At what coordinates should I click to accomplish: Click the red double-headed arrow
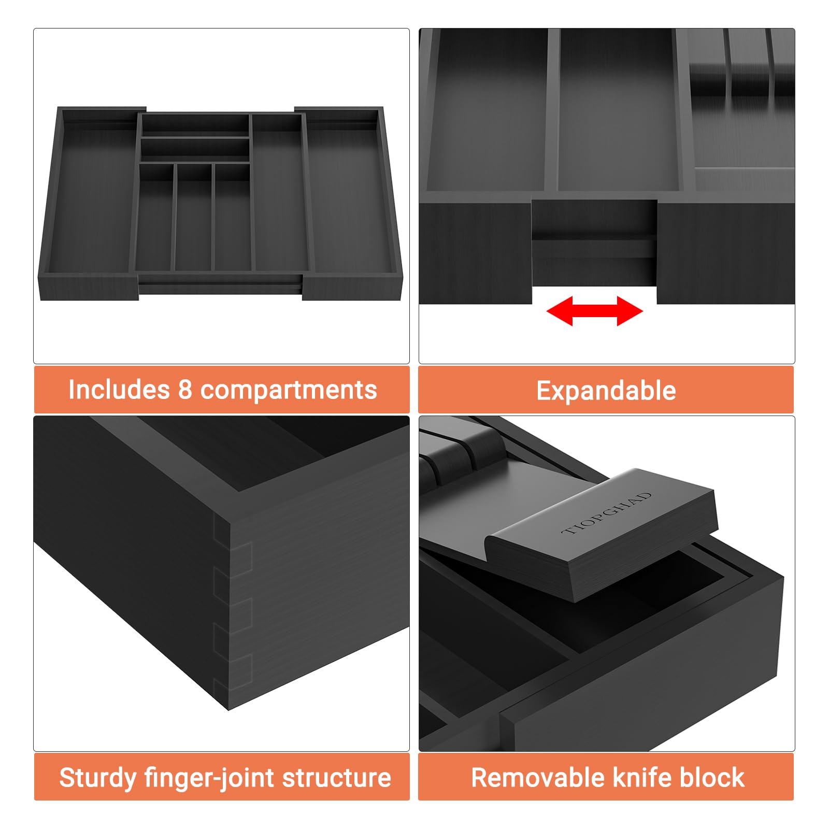click(x=595, y=311)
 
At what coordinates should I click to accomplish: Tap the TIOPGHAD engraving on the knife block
click(x=607, y=513)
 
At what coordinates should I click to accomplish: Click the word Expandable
click(x=606, y=391)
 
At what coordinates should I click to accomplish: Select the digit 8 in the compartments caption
click(x=185, y=390)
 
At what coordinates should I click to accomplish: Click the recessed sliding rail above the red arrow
click(x=594, y=244)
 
